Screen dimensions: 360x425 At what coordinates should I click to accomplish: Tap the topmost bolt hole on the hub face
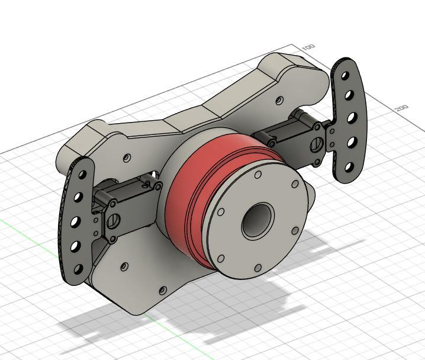(x=257, y=175)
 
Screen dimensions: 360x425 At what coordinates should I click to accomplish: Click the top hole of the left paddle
(x=83, y=175)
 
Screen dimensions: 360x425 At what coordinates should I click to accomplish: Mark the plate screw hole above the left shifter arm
(x=127, y=158)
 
